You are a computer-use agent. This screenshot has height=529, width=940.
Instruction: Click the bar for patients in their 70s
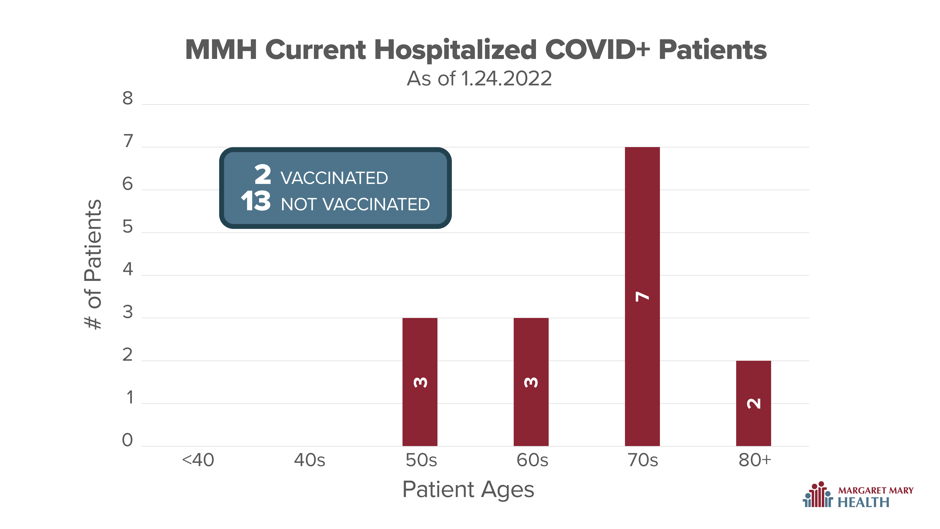click(642, 296)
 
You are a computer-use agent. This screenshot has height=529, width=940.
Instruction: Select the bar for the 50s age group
click(420, 382)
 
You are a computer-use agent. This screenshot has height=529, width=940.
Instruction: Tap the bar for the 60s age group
click(531, 382)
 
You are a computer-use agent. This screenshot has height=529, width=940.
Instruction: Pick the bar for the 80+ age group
click(754, 403)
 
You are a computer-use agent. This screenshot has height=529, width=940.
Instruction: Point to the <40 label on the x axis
click(198, 460)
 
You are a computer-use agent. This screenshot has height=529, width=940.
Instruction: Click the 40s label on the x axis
click(309, 460)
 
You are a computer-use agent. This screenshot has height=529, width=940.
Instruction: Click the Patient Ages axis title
click(468, 490)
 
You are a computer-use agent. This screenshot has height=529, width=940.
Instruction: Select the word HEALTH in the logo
click(863, 502)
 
